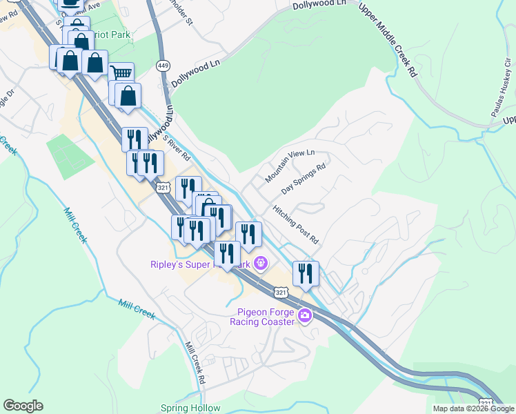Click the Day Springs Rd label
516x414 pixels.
tap(303, 179)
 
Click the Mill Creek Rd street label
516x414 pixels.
tap(197, 363)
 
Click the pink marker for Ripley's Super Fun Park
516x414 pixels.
tap(260, 263)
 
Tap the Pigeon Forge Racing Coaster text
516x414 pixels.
tap(262, 316)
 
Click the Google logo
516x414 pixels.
tap(23, 406)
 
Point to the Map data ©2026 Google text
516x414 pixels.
tap(473, 408)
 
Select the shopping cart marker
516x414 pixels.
tap(121, 73)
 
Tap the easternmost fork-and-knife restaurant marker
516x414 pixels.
tap(305, 273)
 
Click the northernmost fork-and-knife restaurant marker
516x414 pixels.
tap(135, 139)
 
